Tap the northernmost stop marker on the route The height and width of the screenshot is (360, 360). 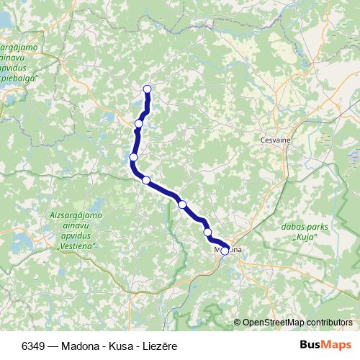point(148,89)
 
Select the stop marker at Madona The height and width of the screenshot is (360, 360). point(225,251)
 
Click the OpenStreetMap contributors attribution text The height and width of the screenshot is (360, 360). point(297,322)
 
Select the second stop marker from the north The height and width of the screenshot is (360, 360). point(139,124)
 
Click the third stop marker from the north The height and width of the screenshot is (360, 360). point(134,157)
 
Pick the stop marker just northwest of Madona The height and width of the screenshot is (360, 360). point(208,232)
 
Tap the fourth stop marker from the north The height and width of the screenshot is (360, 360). point(146,180)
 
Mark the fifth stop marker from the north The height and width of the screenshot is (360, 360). point(182,204)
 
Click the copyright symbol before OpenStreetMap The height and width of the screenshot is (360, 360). point(237,322)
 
